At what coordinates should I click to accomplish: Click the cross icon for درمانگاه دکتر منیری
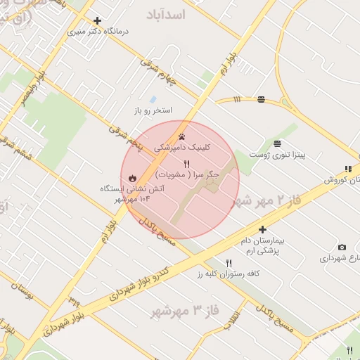pyautogui.click(x=97, y=21)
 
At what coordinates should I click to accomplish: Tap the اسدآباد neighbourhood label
pyautogui.click(x=165, y=13)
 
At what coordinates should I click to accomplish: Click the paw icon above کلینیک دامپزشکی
pyautogui.click(x=182, y=136)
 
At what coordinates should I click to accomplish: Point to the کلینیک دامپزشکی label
pyautogui.click(x=181, y=148)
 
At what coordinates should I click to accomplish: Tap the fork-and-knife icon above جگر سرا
pyautogui.click(x=186, y=164)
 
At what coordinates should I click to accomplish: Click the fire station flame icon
pyautogui.click(x=131, y=177)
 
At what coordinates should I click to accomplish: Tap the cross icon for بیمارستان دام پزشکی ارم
pyautogui.click(x=262, y=229)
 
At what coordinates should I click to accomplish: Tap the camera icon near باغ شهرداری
pyautogui.click(x=342, y=247)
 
